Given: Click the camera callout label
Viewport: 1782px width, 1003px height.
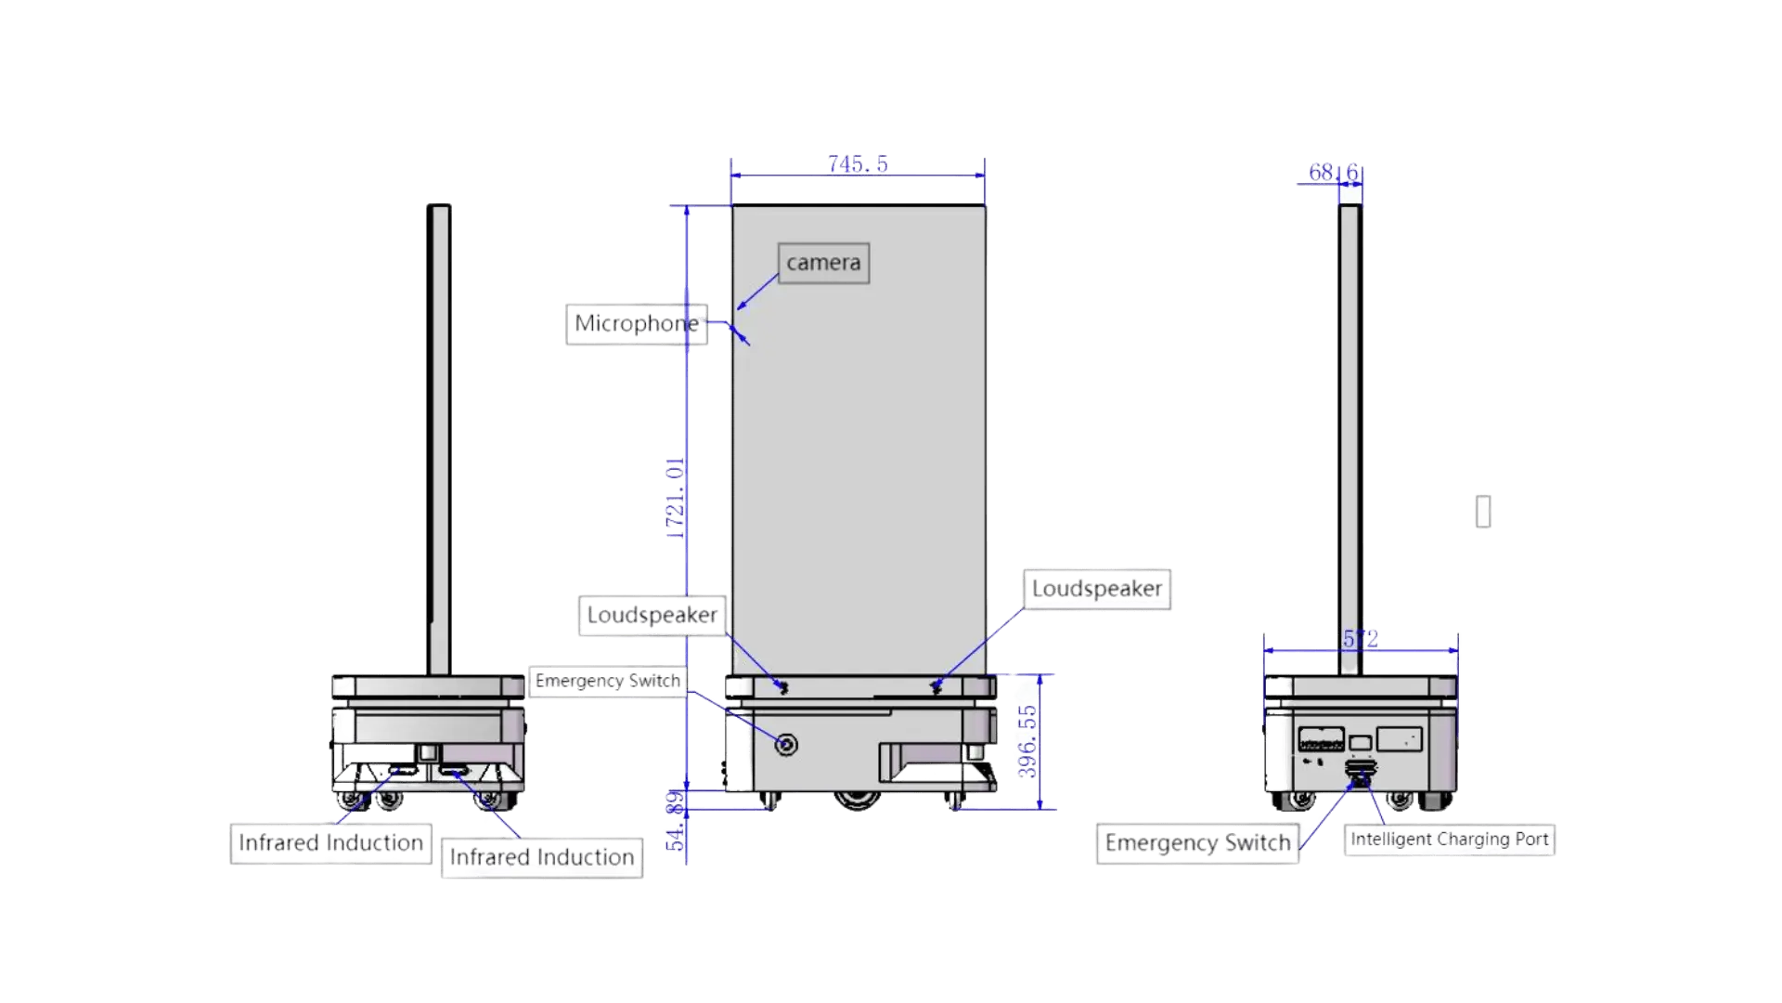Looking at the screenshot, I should click(x=823, y=263).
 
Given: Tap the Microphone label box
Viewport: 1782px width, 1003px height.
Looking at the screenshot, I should click(x=637, y=324).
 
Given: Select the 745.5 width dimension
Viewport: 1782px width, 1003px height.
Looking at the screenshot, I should click(x=858, y=163).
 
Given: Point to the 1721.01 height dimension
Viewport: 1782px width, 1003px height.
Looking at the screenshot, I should click(x=674, y=497).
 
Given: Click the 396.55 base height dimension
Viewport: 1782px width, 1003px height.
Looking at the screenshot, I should click(x=1027, y=741).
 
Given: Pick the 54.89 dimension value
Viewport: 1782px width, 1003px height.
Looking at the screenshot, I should click(x=675, y=821).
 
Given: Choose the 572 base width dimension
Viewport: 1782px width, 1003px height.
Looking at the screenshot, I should click(x=1361, y=638).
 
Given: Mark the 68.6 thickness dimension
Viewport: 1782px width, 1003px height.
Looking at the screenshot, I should click(x=1333, y=173).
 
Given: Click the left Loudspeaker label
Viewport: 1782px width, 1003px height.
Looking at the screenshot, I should click(x=652, y=615).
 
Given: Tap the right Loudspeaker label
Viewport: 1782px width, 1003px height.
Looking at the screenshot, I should click(x=1096, y=589).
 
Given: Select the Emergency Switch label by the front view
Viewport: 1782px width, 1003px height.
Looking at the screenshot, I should click(x=608, y=681).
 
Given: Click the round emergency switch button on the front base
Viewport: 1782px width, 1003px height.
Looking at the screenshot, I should click(x=786, y=745).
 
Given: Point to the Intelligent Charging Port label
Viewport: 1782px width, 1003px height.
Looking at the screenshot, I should click(x=1448, y=840).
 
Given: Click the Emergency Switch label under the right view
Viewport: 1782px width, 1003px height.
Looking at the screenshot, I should click(x=1197, y=843).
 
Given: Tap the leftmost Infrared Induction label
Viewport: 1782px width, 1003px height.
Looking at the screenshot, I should click(x=330, y=843).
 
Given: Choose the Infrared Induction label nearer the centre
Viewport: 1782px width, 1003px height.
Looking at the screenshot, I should click(x=542, y=857).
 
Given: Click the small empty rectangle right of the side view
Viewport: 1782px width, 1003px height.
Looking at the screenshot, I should click(x=1482, y=512).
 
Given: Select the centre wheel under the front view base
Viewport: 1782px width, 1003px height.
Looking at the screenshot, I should click(x=858, y=801).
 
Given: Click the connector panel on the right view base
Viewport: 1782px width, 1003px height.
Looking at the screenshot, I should click(x=1321, y=740).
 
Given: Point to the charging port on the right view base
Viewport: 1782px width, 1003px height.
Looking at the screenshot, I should click(x=1361, y=770).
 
